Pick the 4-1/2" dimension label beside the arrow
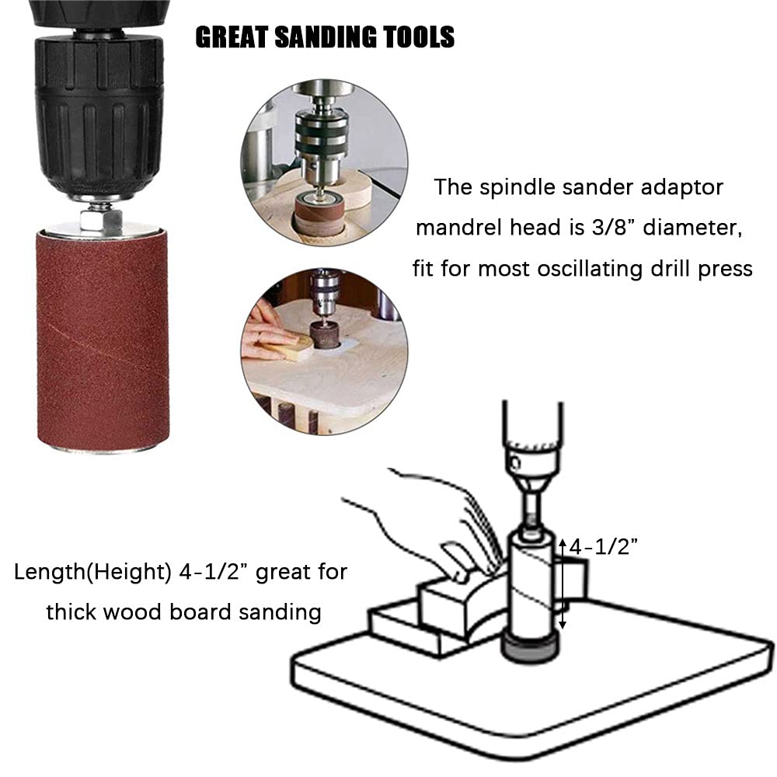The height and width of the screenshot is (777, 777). click(604, 547)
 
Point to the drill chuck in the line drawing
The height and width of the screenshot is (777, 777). click(531, 458)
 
